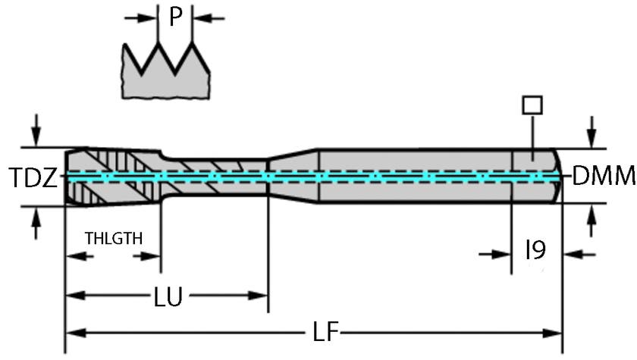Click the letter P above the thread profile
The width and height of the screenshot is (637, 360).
pyautogui.click(x=176, y=17)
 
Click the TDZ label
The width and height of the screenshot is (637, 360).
pyautogui.click(x=33, y=178)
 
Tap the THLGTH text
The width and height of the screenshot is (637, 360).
pyautogui.click(x=113, y=238)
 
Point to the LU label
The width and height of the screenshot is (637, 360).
pyautogui.click(x=168, y=296)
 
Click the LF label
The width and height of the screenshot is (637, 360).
pyautogui.click(x=325, y=332)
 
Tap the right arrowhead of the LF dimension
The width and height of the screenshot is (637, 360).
pyautogui.click(x=554, y=332)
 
